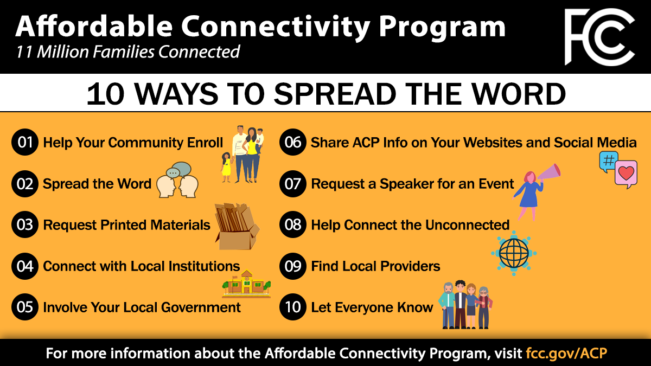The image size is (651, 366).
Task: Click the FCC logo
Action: coord(599,37)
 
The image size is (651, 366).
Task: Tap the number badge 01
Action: coord(25,142)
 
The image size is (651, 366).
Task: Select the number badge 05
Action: coord(25,307)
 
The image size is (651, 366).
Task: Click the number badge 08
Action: coord(292,224)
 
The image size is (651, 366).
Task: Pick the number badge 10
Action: coord(292,307)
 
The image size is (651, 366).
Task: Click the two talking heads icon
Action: coord(177,180)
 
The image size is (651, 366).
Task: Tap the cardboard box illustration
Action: coord(237,227)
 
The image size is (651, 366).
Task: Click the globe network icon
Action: coord(514,253)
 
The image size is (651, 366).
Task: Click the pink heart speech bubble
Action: coord(626,174)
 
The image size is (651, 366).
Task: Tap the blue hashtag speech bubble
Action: coord(608,162)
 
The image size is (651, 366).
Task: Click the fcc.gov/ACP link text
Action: coord(566,353)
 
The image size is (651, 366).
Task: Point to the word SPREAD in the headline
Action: coord(335,94)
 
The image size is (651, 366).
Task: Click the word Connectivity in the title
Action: coord(276,27)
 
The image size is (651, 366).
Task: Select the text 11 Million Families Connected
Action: coord(128,52)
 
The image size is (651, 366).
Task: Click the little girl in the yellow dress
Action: coord(226,168)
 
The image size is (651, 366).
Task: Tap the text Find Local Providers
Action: coord(375,266)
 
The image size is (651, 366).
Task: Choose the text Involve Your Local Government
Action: coord(142,307)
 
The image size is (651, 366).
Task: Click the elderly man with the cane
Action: coord(448,305)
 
